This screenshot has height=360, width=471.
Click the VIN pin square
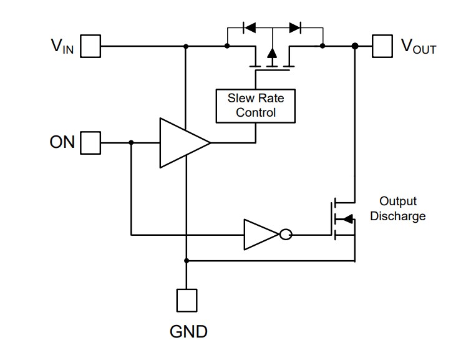point(91,46)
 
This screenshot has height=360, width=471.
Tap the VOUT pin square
point(381,46)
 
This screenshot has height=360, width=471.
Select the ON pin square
point(91,142)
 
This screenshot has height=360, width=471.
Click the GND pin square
point(187,300)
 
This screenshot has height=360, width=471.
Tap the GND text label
point(188,332)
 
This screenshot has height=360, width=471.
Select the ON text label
point(62,143)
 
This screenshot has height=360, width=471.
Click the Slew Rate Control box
point(255,105)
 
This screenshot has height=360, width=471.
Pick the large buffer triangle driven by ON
point(181,143)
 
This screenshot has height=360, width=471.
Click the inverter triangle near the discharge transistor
point(259,235)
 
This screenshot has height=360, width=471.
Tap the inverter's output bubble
point(285,235)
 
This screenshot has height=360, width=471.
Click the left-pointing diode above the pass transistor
point(249,27)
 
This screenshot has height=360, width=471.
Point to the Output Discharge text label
point(397,209)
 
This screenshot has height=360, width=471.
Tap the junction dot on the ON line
point(131,143)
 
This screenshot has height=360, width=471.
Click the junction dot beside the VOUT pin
point(354,46)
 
